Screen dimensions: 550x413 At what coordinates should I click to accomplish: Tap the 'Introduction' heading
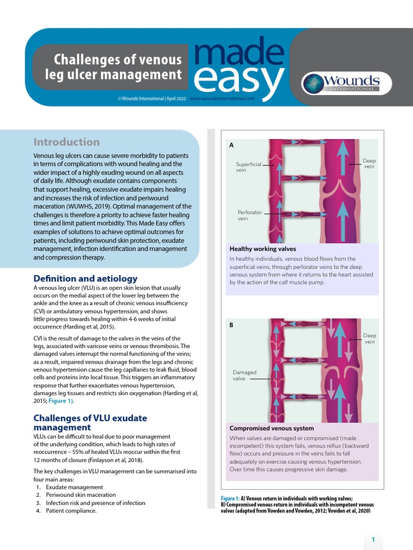pos(67,142)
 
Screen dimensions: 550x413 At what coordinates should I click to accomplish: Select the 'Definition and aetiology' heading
pos(86,279)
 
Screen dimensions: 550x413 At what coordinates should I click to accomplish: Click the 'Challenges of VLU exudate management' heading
pos(90,423)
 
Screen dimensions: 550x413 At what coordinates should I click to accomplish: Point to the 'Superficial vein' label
pos(248,167)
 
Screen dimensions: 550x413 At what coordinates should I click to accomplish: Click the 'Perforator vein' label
pos(250,215)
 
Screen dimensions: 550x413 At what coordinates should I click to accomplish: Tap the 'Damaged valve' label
pos(244,375)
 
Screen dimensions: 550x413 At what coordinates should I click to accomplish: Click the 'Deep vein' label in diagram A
pos(369,163)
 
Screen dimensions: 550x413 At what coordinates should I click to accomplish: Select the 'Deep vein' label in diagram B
pos(369,338)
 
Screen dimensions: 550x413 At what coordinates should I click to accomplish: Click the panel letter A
pos(232,145)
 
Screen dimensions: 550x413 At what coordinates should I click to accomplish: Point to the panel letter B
pos(232,325)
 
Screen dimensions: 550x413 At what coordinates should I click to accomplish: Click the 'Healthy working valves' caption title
pos(262,249)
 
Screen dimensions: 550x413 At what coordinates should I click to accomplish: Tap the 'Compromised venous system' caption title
pos(272,429)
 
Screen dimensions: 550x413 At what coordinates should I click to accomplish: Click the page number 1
pos(373,539)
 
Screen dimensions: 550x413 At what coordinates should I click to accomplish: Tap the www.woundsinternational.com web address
pos(222,99)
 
